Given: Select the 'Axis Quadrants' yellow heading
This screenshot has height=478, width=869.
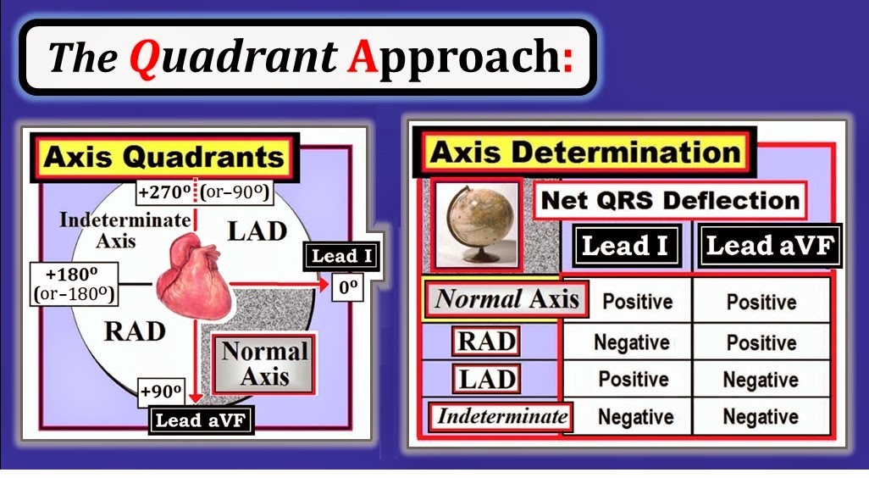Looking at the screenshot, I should coord(163,157).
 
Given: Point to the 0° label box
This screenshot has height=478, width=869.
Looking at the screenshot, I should coord(346,287).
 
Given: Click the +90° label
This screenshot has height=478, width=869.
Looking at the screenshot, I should coord(162,392).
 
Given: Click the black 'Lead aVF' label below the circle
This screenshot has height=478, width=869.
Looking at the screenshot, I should coord(202,420).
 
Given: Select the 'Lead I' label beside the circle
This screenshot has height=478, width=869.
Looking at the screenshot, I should coord(342,256).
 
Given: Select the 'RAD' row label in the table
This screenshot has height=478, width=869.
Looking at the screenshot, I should coord(486,341).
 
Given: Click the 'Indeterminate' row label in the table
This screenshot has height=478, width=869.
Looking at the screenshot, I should coord(501,416).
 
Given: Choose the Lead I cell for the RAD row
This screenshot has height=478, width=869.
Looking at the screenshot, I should coord(631,342).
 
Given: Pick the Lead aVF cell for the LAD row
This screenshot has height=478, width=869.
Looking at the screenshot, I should coord(761,381).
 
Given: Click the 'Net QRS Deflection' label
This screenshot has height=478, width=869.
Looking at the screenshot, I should coord(670,201).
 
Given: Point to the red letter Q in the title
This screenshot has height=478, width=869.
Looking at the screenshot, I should coord(147,58).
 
